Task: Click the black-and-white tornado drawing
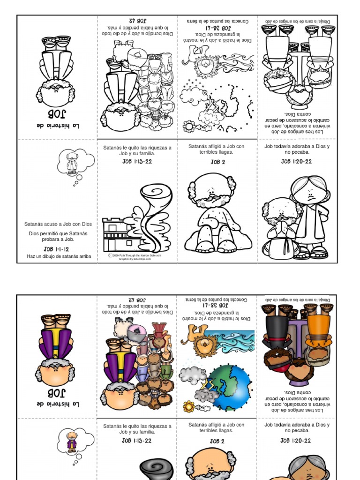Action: click(x=155, y=216)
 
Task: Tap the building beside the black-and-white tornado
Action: click(x=117, y=234)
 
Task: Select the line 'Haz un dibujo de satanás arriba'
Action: click(x=59, y=256)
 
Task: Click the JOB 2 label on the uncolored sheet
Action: click(x=217, y=162)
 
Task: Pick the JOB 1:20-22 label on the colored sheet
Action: click(x=296, y=441)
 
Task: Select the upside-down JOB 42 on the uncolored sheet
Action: click(x=138, y=20)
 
